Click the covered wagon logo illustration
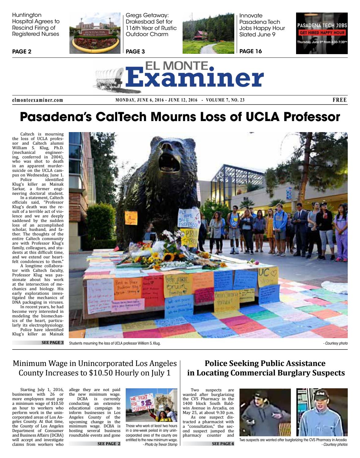coord(109,79)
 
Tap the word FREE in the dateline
coord(340,100)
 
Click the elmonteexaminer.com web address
coord(38,100)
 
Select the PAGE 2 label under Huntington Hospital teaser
coord(22,52)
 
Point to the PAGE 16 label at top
coord(251,51)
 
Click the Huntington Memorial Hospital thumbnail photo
coord(95,33)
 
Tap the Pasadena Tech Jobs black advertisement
coord(322,33)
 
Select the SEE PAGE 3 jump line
coord(52,343)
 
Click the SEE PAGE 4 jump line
coord(223,444)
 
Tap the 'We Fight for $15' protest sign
coord(142,404)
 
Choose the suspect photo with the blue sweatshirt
coord(322,412)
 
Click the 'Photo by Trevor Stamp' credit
coord(160,444)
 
